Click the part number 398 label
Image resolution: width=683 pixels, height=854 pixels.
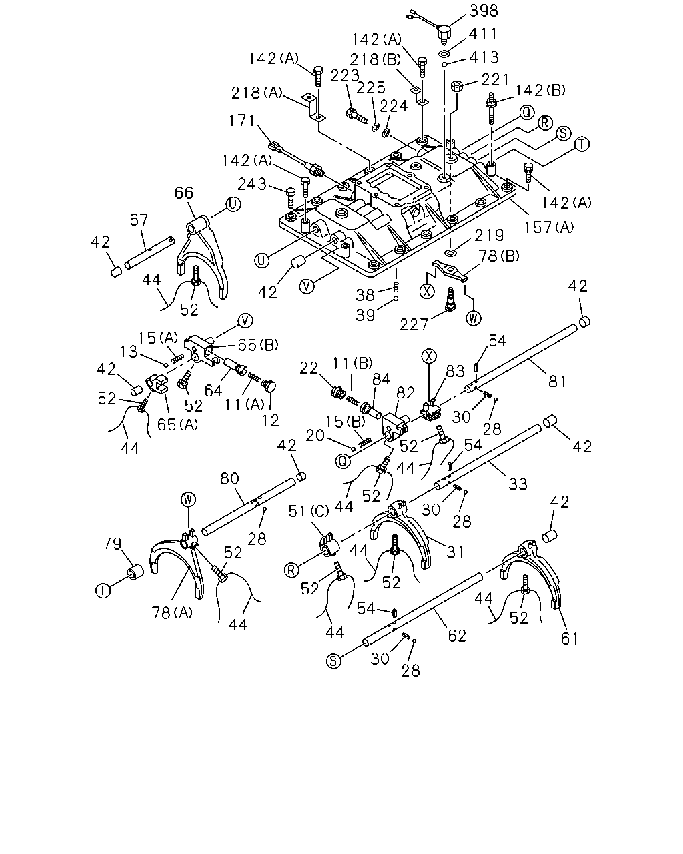coord(484,11)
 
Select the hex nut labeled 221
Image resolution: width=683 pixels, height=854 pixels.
coord(456,86)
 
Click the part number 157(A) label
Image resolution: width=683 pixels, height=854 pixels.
coord(549,227)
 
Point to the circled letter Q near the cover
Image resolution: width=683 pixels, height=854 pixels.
coord(527,113)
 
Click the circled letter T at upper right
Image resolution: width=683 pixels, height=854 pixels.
coord(582,143)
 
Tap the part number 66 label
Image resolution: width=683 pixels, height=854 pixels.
coord(184,193)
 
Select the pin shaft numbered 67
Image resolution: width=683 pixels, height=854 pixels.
coord(149,252)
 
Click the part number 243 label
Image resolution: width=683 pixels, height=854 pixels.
coord(252,184)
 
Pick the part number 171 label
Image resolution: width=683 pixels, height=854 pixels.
coord(241,120)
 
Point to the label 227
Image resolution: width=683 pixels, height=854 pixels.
coord(414,325)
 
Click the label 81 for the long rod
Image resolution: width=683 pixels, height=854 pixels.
coord(556,381)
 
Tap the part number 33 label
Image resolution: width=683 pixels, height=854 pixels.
coord(518,484)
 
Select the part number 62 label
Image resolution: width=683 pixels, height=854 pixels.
coord(456,636)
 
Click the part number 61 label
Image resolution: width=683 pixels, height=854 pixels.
coord(569,638)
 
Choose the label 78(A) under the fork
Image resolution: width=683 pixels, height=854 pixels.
coord(172,613)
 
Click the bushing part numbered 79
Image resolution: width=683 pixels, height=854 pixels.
coord(135,573)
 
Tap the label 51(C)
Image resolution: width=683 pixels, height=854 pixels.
coord(309,512)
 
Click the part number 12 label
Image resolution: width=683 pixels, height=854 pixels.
coord(271,420)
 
